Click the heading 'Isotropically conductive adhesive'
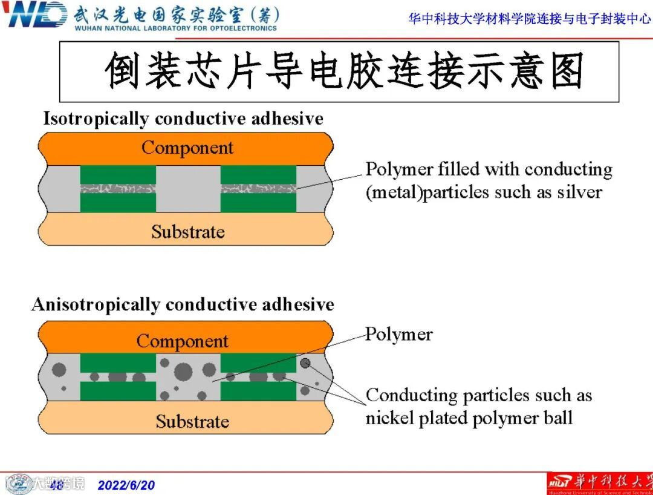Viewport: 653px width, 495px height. pyautogui.click(x=183, y=119)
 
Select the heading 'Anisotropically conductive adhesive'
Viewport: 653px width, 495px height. pyautogui.click(x=183, y=304)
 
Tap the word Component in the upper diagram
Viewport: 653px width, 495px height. pyautogui.click(x=187, y=148)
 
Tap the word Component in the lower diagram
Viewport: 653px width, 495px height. pyautogui.click(x=182, y=341)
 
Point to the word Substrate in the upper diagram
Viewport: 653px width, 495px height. pyautogui.click(x=187, y=232)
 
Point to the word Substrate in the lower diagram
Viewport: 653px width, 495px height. pyautogui.click(x=192, y=421)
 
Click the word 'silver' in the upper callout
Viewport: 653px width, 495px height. pyautogui.click(x=580, y=192)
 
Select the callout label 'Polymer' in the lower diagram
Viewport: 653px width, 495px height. pyautogui.click(x=399, y=335)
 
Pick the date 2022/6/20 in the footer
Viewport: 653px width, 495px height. pyautogui.click(x=126, y=485)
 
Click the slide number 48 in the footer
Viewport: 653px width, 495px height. pyautogui.click(x=56, y=485)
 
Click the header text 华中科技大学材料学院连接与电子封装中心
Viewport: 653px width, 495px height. pyautogui.click(x=530, y=19)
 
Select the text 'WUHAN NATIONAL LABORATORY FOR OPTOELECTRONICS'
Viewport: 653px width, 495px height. pyautogui.click(x=175, y=28)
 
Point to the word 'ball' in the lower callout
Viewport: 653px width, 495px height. pyautogui.click(x=557, y=418)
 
